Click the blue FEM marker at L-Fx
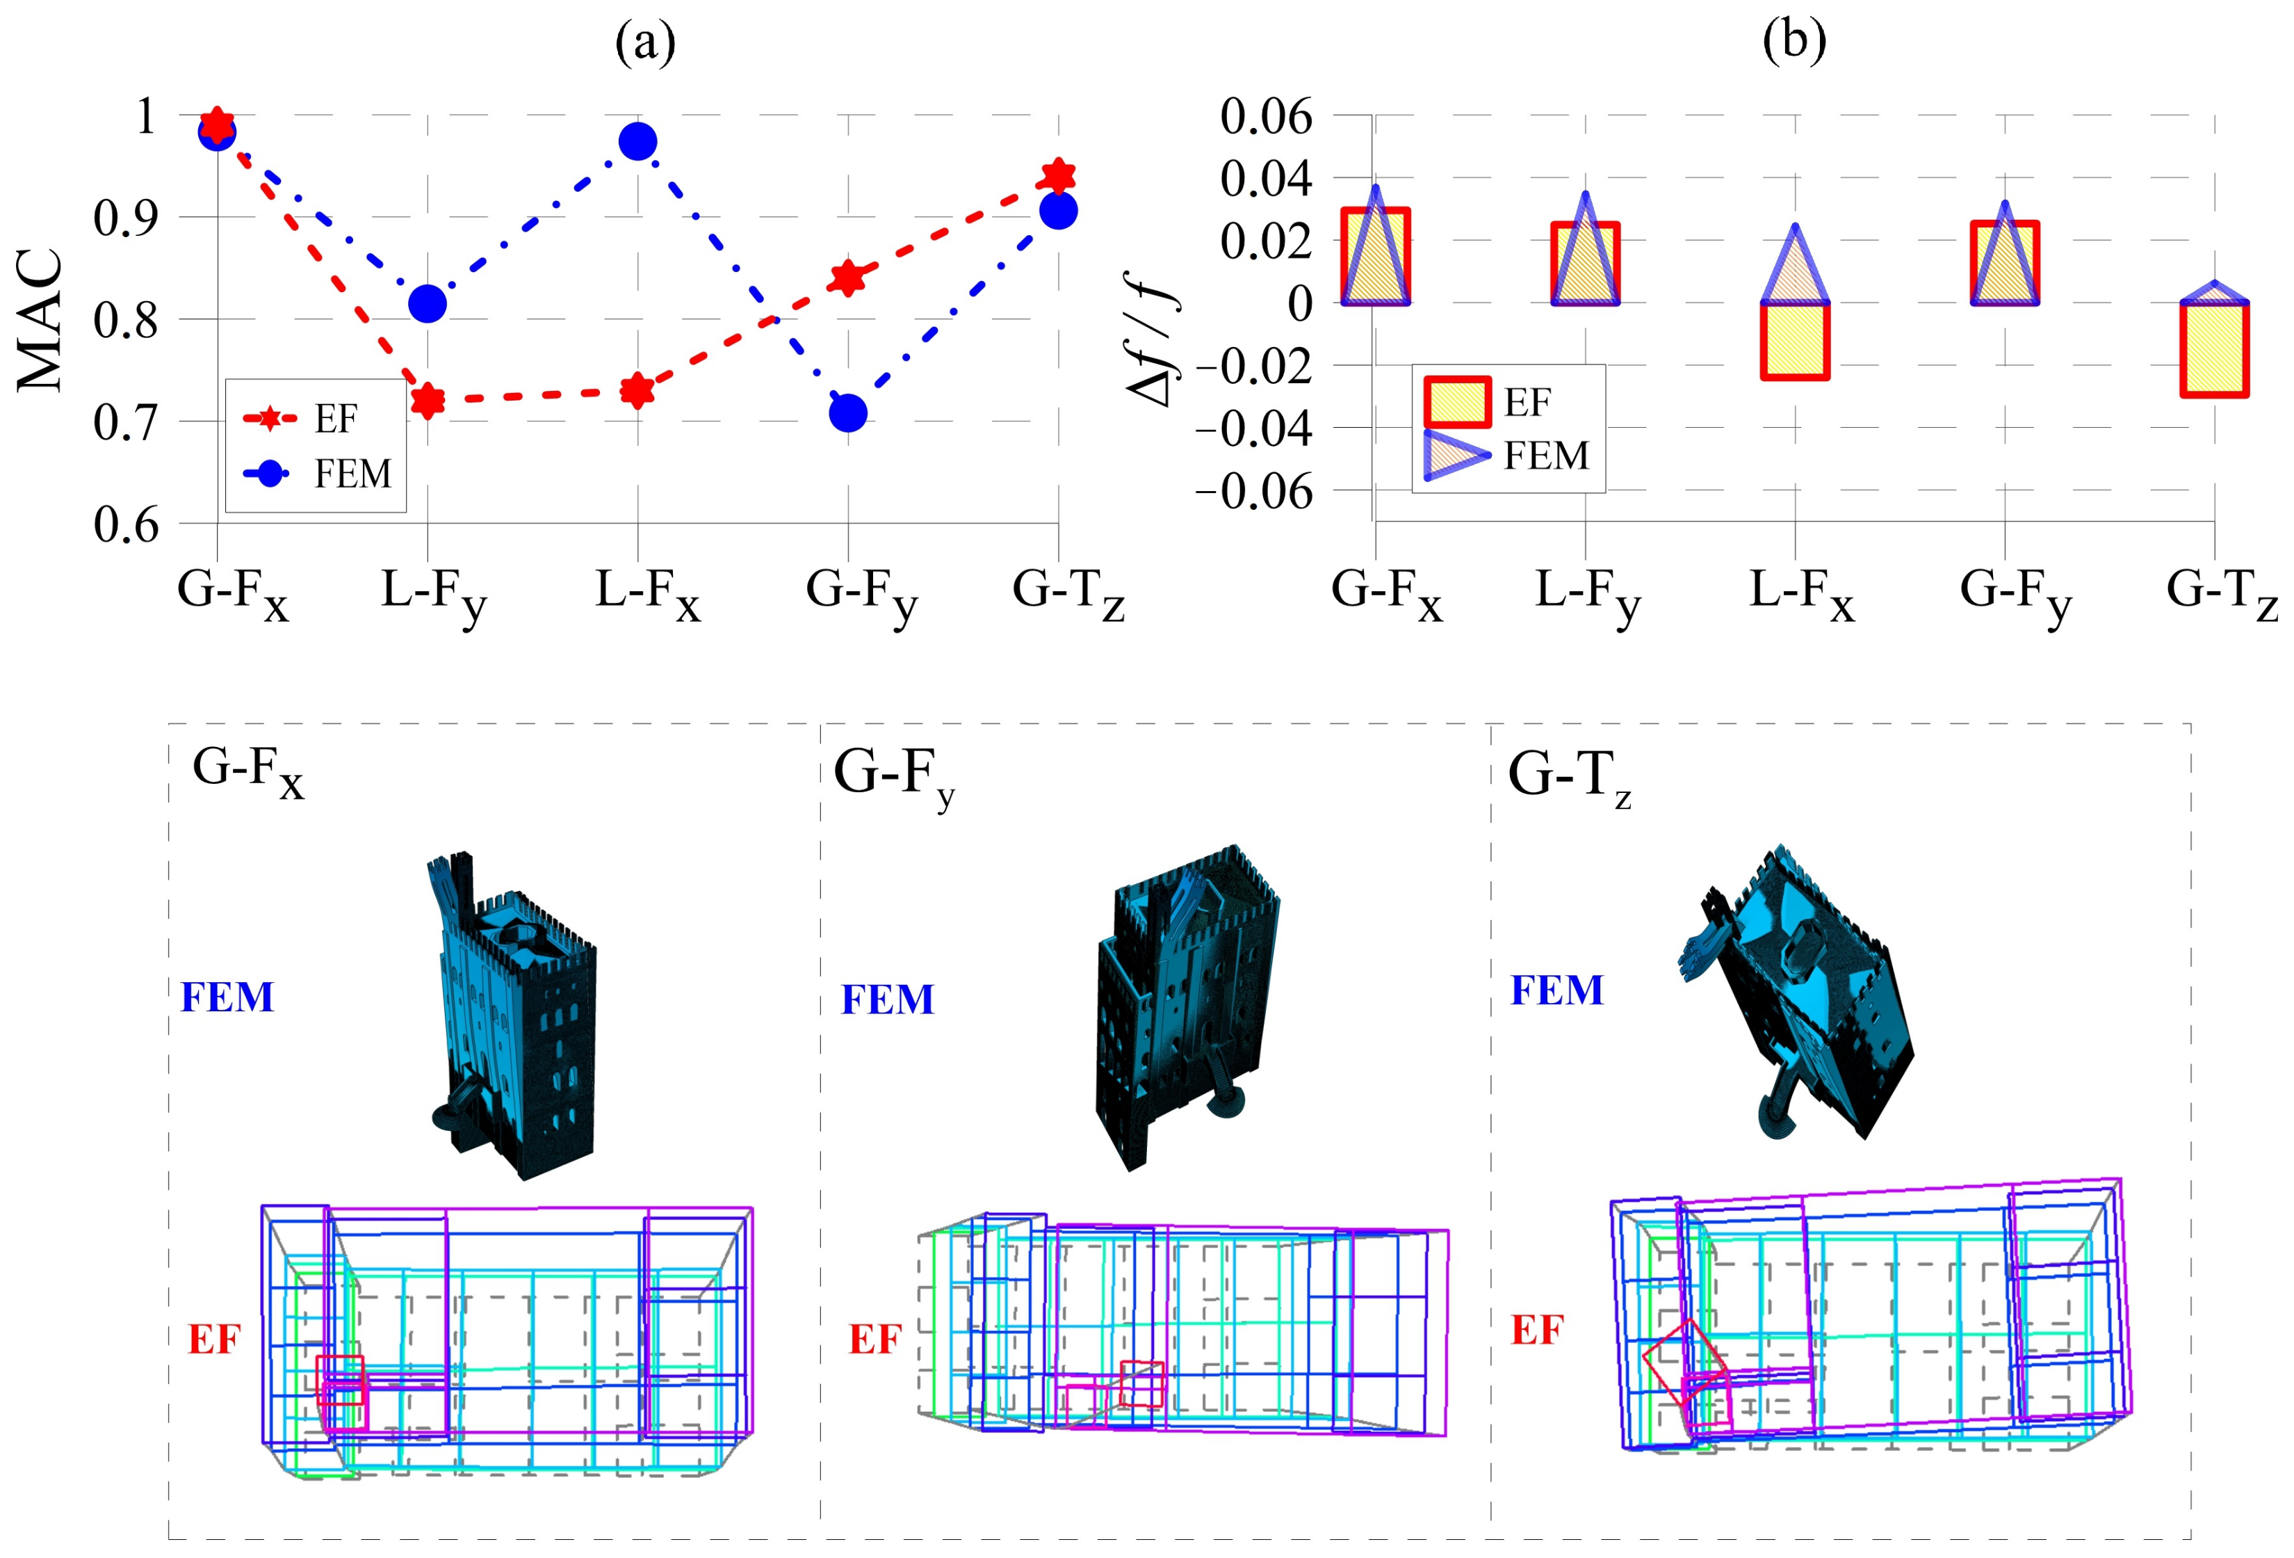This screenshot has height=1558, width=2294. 637,141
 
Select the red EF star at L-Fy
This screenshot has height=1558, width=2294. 428,400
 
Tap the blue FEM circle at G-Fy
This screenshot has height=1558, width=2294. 848,412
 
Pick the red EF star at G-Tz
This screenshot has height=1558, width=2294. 1058,176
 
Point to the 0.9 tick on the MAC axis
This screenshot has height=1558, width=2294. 125,217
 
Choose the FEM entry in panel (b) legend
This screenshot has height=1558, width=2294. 1546,455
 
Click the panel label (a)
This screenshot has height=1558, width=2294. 644,42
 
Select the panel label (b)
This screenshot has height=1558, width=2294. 1793,42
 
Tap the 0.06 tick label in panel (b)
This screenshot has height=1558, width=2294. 1267,117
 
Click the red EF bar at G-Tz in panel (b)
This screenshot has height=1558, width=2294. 2214,350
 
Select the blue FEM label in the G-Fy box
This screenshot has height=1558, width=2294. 886,999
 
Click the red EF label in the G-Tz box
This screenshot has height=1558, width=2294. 1537,1330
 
